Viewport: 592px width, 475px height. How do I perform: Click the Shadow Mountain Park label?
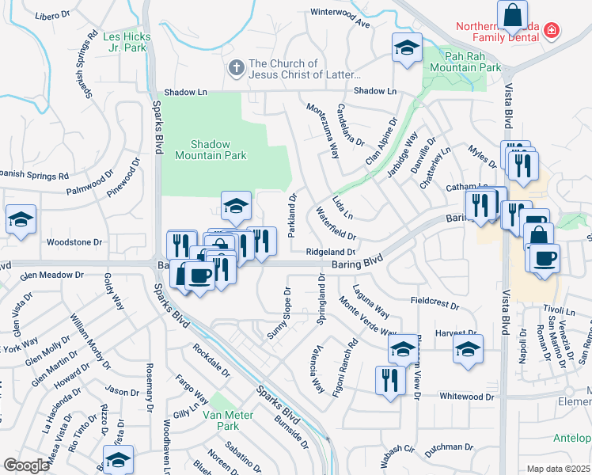pos(210,150)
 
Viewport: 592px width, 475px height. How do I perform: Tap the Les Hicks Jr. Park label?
pos(125,42)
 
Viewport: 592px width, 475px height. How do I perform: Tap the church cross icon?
pos(236,68)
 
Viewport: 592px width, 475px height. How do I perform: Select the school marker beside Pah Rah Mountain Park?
pos(407,48)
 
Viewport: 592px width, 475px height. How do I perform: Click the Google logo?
pos(26,465)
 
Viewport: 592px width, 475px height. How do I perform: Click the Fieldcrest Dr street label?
pos(435,302)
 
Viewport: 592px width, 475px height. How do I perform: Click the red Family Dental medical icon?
pos(552,32)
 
